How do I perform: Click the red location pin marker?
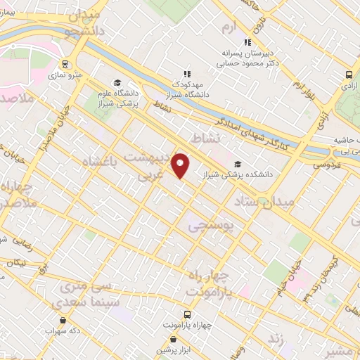pyautogui.click(x=181, y=165)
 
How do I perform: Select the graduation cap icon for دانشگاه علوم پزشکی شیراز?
pyautogui.click(x=117, y=82)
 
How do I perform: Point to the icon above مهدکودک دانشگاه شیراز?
pyautogui.click(x=186, y=72)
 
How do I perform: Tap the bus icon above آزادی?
pyautogui.click(x=349, y=75)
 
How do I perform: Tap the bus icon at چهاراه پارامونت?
pyautogui.click(x=187, y=314)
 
